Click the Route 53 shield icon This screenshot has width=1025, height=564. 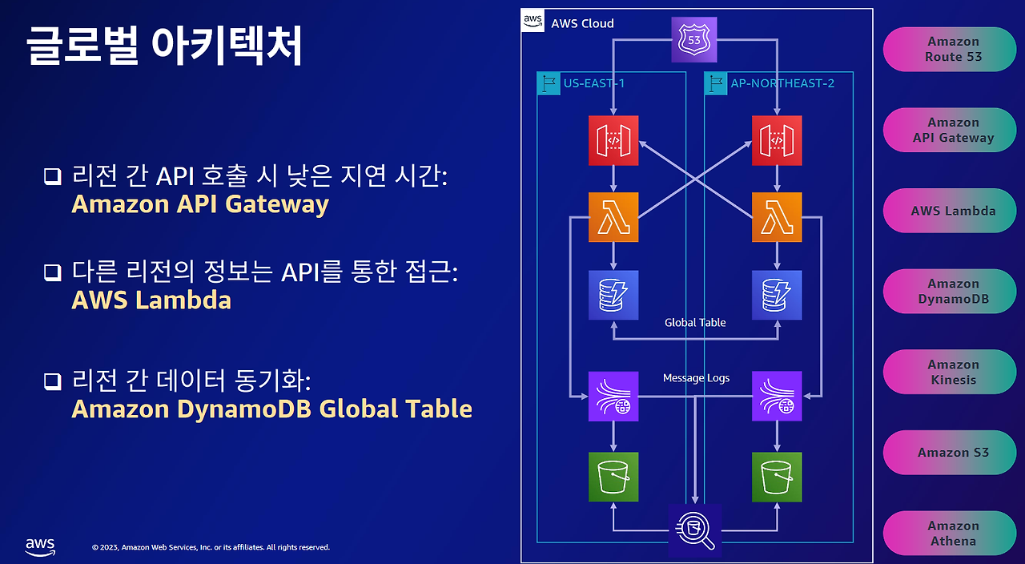(x=693, y=38)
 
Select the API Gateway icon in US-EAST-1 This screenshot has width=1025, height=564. (x=613, y=140)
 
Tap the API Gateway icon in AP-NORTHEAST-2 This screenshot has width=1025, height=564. (x=777, y=140)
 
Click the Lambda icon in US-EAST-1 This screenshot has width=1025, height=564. (x=613, y=216)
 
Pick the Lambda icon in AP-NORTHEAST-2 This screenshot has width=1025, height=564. (x=777, y=216)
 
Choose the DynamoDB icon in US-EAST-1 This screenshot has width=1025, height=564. (x=613, y=295)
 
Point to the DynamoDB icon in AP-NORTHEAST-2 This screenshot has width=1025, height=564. (x=777, y=295)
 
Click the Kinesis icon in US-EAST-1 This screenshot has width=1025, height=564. (x=613, y=396)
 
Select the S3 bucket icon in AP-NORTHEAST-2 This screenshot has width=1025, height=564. (x=777, y=477)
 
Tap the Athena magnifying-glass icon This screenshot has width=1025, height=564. (x=695, y=530)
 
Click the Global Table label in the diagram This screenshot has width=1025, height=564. (x=695, y=323)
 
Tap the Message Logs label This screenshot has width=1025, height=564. (x=696, y=378)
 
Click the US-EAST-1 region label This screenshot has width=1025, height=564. (x=594, y=83)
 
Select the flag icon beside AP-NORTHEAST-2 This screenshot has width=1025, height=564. (x=715, y=83)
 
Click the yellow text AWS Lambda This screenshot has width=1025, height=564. (x=151, y=300)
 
